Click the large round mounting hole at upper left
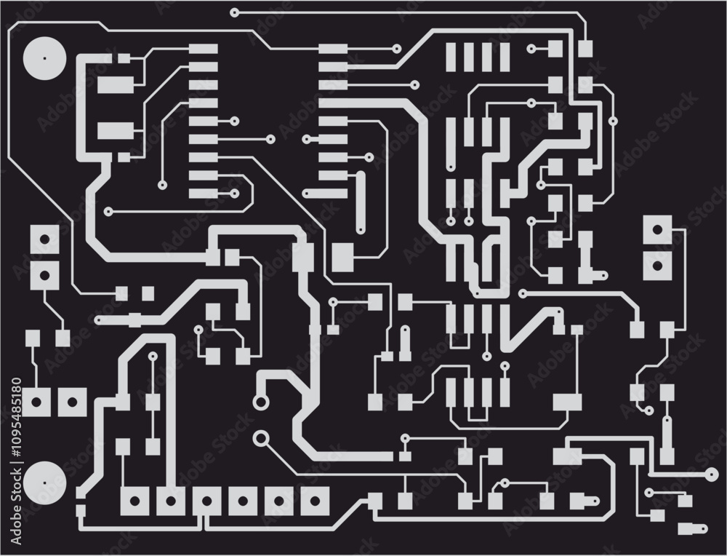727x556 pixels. coord(44,57)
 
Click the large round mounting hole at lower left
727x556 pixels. coord(44,482)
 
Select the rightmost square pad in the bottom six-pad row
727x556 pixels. coord(315,500)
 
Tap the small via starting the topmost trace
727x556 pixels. coord(234,12)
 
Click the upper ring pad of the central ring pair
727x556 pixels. coord(261,402)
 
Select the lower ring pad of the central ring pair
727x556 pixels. coord(261,437)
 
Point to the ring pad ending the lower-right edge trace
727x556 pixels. coord(710,475)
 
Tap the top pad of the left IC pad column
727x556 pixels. coord(203,49)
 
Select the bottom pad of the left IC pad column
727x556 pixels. coord(203,194)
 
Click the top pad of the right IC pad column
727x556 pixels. coord(333,49)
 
